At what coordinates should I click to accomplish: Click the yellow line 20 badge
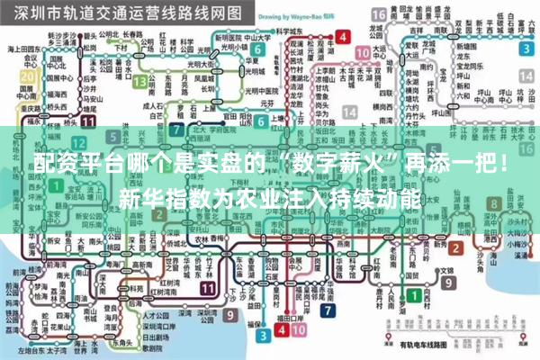(27, 76)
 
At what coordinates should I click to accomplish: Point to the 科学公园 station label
(290, 29)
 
